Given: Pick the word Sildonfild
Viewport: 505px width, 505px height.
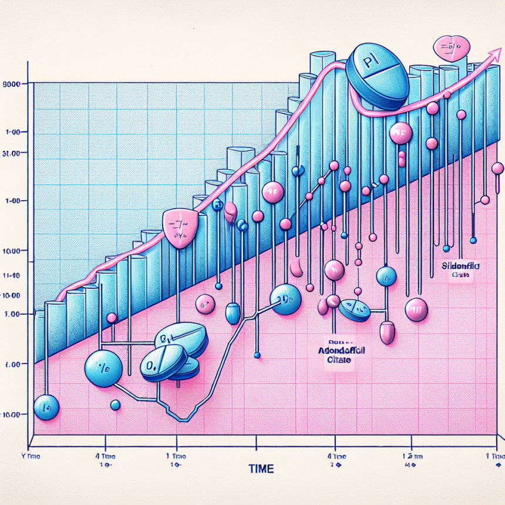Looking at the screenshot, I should [460, 266].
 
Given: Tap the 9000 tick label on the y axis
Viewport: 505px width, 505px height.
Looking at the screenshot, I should [12, 85].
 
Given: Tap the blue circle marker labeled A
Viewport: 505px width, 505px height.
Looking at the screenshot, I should [386, 277].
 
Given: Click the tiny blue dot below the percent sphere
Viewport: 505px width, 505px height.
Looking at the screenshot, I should [115, 405].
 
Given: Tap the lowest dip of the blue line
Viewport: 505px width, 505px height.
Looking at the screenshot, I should [183, 419].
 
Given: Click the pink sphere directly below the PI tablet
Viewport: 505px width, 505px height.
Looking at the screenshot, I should [401, 133].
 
